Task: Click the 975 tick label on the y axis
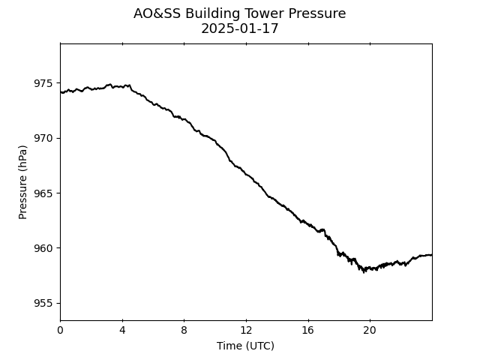point(43,83)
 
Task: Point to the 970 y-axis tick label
point(43,138)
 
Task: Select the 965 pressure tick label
point(43,193)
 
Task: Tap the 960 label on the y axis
point(43,248)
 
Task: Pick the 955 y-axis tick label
point(43,303)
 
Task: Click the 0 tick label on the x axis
point(60,330)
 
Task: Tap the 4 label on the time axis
point(122,330)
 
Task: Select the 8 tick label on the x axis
point(184,330)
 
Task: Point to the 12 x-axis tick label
point(246,330)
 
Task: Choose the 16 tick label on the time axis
point(308,330)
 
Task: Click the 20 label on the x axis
point(370,330)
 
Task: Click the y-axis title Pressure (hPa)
point(22,182)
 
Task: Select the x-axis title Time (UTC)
point(245,346)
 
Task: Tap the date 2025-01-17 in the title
point(240,28)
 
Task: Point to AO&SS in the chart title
point(157,13)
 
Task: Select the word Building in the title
point(212,14)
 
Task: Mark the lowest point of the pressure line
point(364,271)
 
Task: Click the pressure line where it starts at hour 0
point(61,92)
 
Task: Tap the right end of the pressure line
point(432,255)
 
